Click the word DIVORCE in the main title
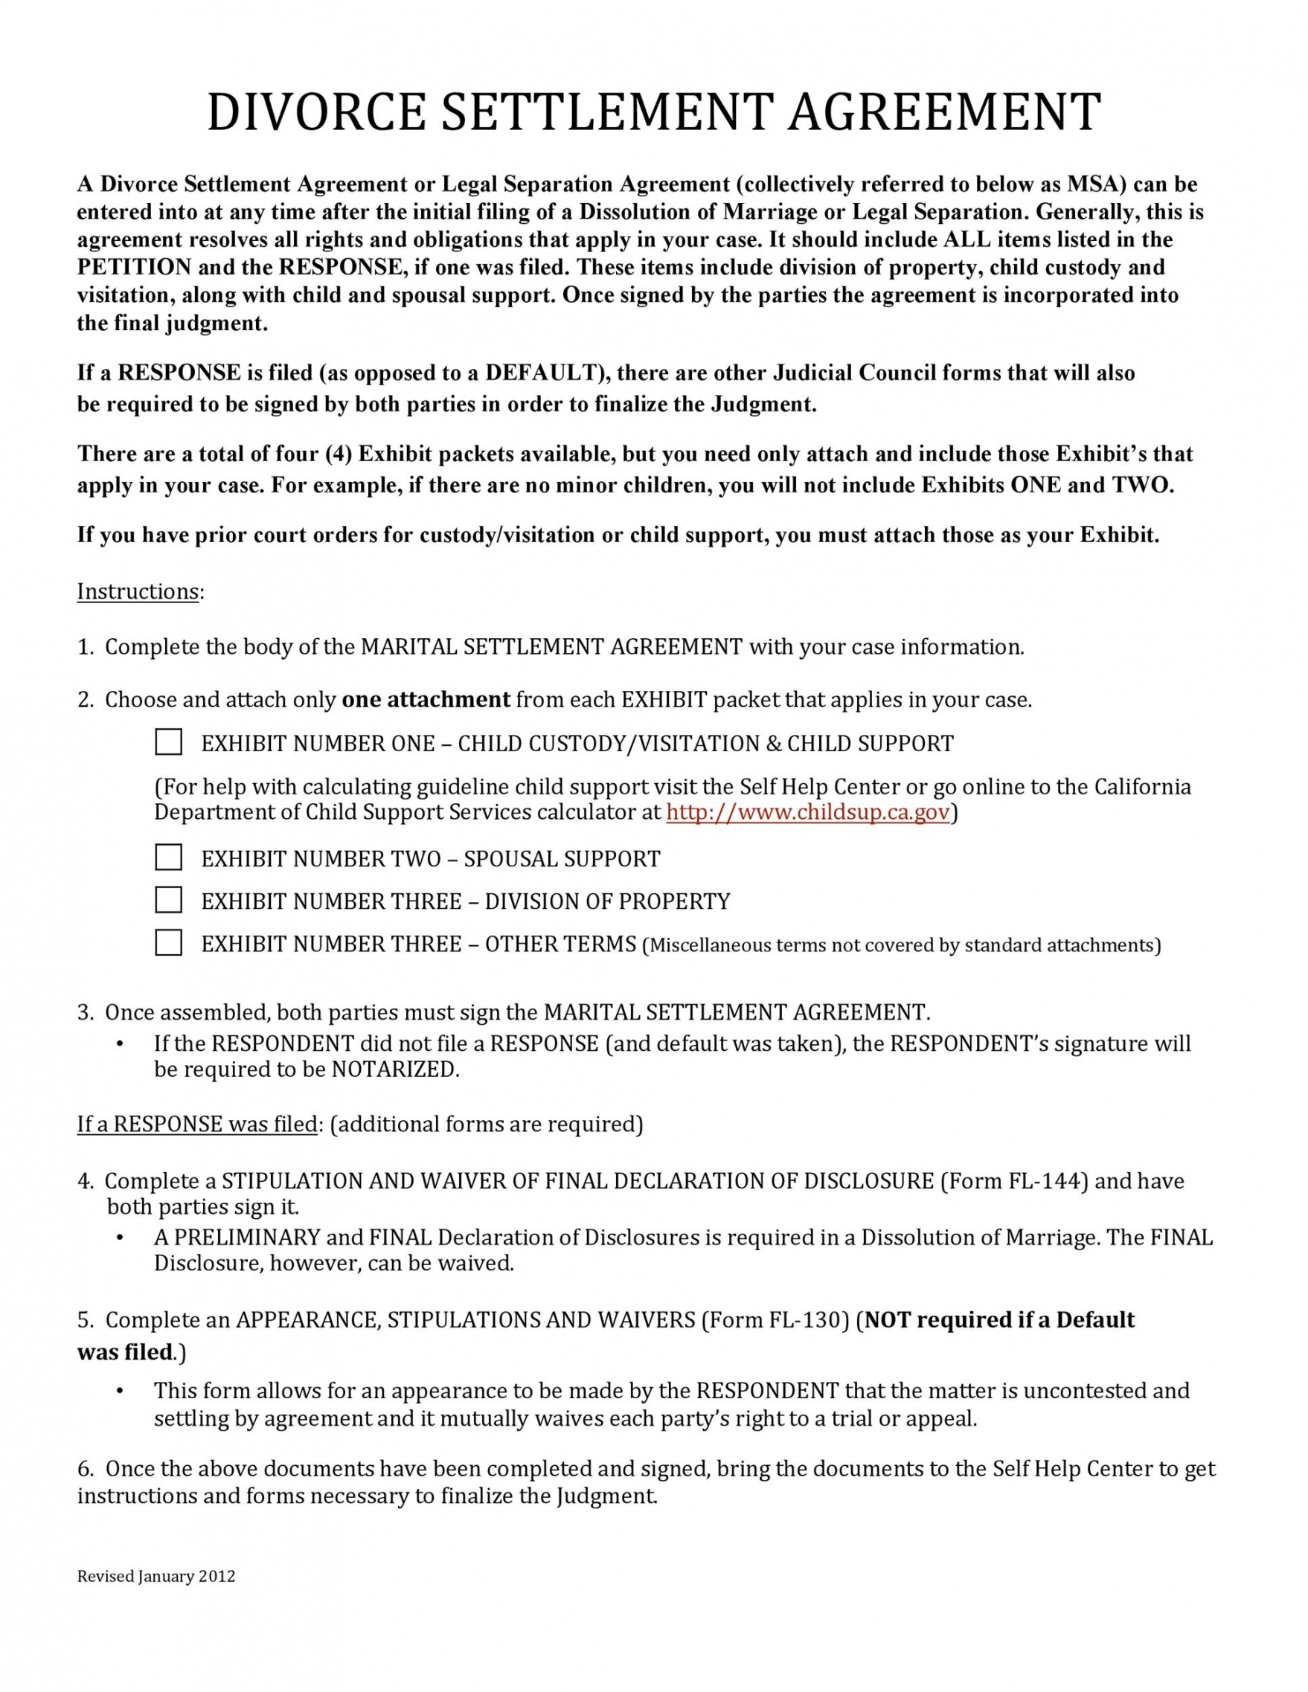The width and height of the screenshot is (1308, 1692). (x=316, y=112)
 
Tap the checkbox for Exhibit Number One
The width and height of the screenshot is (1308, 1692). (x=168, y=742)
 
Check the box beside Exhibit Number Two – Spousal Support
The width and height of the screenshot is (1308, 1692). (x=168, y=858)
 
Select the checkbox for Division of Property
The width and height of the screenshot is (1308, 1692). (x=168, y=900)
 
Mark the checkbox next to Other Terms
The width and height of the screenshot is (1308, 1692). (x=168, y=943)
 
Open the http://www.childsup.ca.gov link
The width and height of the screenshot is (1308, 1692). (x=807, y=812)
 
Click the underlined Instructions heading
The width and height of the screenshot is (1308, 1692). (x=138, y=591)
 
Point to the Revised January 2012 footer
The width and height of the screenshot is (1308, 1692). (x=156, y=1577)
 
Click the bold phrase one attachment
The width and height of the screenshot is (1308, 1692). (x=426, y=700)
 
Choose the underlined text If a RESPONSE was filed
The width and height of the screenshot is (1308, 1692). (x=197, y=1124)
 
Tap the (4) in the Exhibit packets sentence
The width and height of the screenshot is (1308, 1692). (x=339, y=454)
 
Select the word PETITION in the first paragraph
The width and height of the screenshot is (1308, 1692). (x=133, y=267)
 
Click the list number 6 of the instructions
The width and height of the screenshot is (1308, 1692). (x=83, y=1469)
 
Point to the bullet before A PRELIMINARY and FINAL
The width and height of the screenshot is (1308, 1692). (x=120, y=1238)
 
